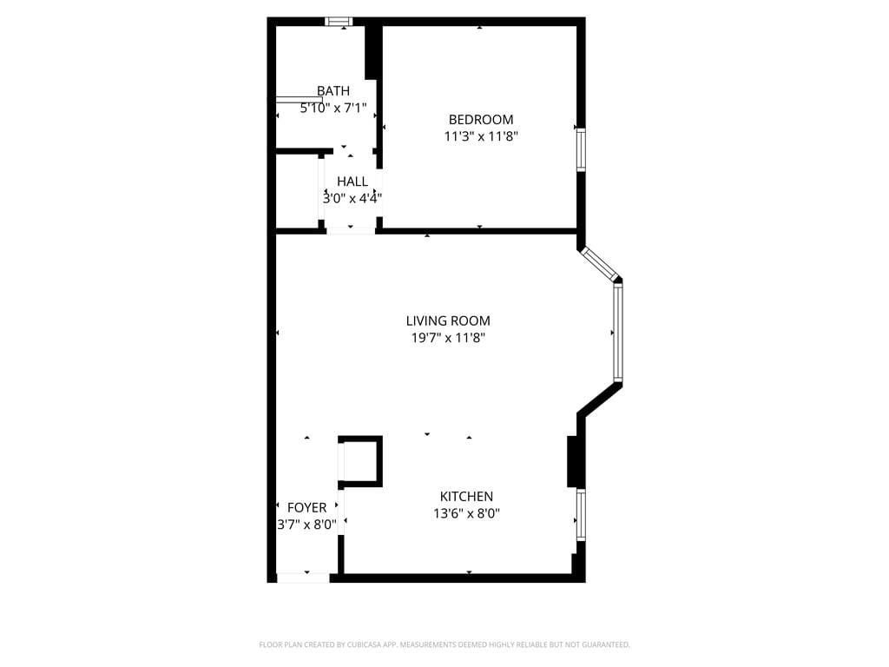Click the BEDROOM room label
[480, 120]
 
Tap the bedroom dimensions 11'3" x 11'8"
[480, 136]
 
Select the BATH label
[333, 90]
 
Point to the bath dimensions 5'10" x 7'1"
[333, 109]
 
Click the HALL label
[352, 182]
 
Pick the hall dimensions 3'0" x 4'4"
[352, 198]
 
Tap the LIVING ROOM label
[448, 321]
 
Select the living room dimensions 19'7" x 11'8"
[448, 338]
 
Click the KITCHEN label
[466, 497]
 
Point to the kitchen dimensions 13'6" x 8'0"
[466, 513]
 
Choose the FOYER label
[306, 507]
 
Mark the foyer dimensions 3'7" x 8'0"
[306, 525]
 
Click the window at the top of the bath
[339, 22]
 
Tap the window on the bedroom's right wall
[581, 149]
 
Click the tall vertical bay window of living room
[617, 333]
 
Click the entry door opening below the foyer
[303, 578]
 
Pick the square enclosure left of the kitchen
[359, 461]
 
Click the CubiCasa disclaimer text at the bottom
[444, 644]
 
